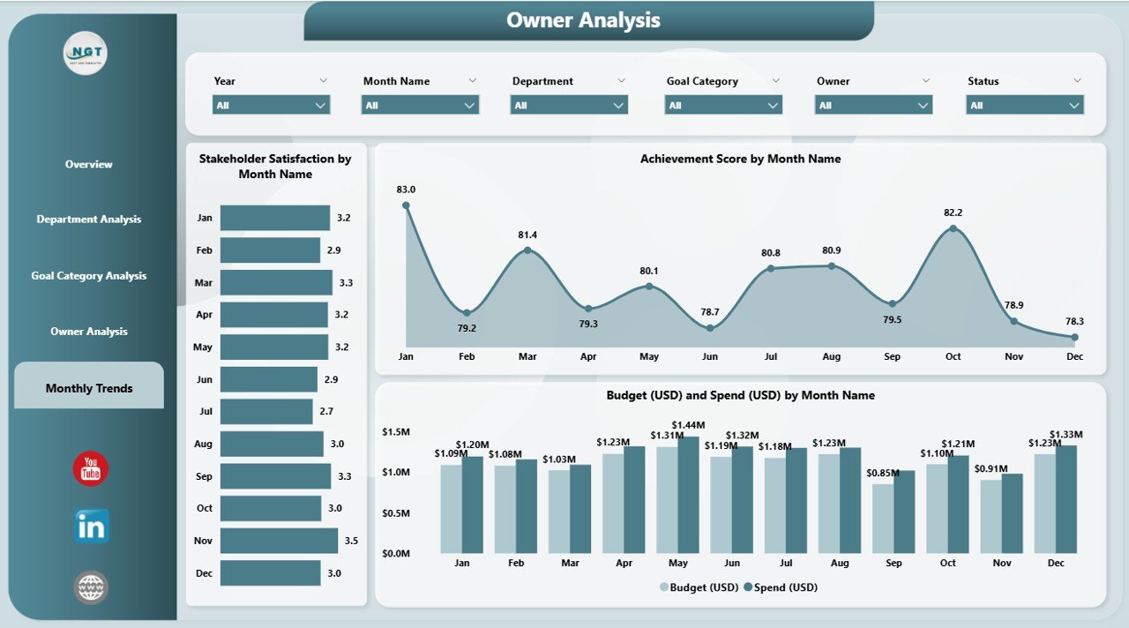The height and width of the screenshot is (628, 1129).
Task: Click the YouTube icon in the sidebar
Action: tap(90, 469)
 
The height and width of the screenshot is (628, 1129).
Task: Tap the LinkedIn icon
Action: tap(92, 526)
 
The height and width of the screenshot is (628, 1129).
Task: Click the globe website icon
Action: tap(91, 587)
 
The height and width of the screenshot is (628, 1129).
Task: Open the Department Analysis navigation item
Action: tap(89, 220)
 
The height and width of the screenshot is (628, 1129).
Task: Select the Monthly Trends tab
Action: tap(89, 388)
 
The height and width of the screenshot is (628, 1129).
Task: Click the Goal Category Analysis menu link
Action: tap(89, 276)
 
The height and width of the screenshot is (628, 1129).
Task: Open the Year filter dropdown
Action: tap(271, 106)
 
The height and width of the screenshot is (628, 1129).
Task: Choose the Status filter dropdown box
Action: tap(1024, 106)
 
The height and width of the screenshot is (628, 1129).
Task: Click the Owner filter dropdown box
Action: tap(874, 106)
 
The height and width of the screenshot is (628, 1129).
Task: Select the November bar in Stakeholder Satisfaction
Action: tap(279, 541)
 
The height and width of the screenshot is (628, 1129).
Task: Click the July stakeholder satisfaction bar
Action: tap(266, 412)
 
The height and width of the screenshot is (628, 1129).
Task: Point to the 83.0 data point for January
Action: tap(406, 206)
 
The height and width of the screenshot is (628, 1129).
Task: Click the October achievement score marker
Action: tap(953, 228)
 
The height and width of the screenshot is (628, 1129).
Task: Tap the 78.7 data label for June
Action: tap(709, 312)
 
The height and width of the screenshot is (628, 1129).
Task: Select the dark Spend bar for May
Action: tap(688, 495)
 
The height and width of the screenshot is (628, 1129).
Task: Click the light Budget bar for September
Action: tap(883, 519)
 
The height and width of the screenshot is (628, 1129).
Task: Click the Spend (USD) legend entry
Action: tap(781, 587)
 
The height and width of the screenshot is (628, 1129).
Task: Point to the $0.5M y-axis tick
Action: tap(395, 514)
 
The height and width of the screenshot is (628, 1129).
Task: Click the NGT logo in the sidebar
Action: tap(86, 54)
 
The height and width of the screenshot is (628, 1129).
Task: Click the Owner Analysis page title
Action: tap(583, 20)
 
